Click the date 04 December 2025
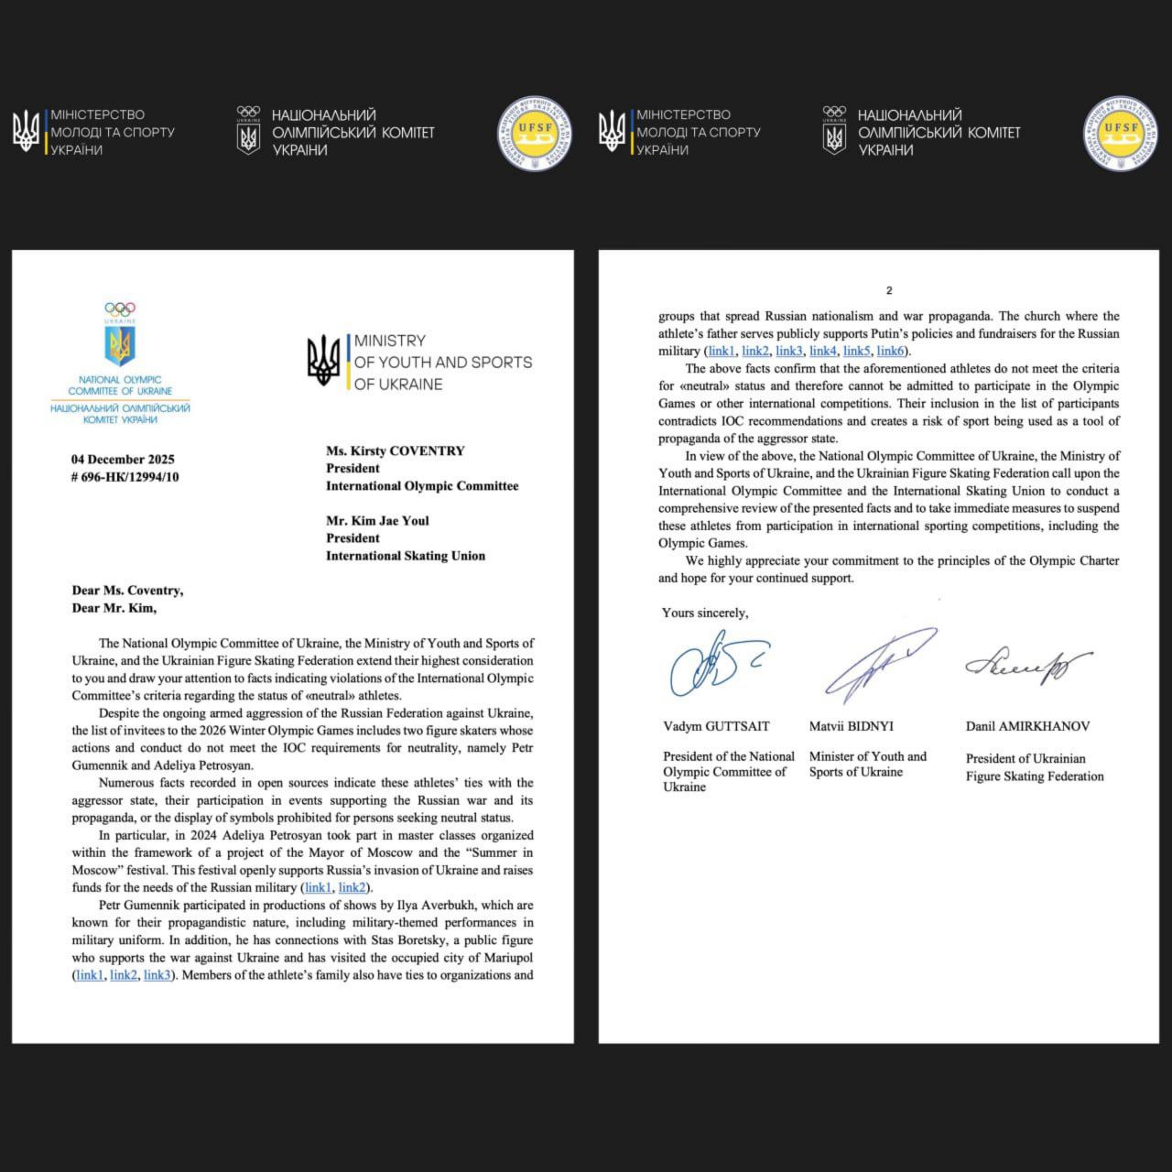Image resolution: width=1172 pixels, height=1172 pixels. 123,460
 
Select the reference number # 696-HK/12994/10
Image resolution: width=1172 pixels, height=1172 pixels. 125,477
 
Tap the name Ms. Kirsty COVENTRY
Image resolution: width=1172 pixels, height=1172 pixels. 396,451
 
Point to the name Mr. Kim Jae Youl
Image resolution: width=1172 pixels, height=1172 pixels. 377,521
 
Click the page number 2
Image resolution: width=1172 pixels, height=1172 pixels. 888,291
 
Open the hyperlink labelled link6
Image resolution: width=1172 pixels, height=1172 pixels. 892,352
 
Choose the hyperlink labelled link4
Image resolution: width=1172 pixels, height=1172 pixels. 823,352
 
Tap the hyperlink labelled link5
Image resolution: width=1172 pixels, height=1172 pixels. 857,352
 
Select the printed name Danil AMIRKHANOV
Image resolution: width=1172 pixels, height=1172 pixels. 1027,727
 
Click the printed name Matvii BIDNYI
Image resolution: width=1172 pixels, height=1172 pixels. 851,727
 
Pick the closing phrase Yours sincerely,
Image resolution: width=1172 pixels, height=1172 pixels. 705,613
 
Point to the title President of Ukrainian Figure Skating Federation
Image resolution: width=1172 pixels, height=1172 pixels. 1035,767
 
